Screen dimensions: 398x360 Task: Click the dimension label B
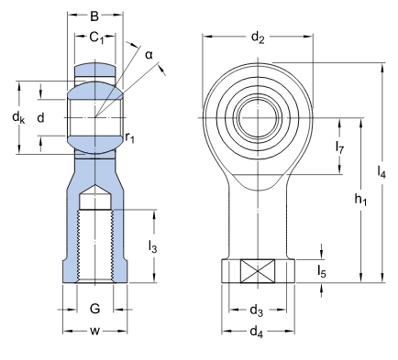point(94,16)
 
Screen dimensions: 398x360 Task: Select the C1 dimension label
point(96,38)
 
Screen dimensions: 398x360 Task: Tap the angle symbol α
point(149,55)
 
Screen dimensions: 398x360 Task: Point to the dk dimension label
point(18,117)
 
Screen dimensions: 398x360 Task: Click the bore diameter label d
point(40,117)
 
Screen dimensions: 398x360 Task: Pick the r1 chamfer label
point(129,138)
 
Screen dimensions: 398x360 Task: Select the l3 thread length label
point(152,246)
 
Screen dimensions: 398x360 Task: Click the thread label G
point(94,309)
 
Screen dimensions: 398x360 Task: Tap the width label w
point(94,331)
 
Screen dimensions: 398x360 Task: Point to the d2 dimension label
point(258,38)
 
